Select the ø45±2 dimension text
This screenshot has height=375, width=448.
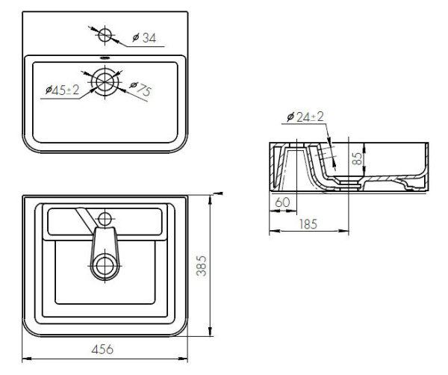coord(62,90)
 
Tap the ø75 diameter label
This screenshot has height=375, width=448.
coord(140,90)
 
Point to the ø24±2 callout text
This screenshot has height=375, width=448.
coord(305,117)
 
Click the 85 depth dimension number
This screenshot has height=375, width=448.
coord(358,159)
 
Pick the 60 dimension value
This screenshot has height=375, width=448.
coord(282,202)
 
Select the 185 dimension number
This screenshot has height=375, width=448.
coord(309,223)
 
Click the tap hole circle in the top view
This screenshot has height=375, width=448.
coord(105,34)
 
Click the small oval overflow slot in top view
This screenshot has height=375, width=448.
coord(105,61)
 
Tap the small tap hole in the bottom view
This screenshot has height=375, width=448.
coord(105,218)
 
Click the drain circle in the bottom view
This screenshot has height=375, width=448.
coord(105,264)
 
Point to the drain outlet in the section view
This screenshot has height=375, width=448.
coord(345,181)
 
